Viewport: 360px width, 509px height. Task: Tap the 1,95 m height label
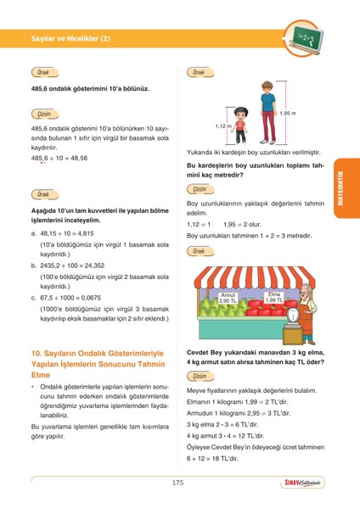coord(287,114)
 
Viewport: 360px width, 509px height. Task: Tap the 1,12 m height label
coord(222,126)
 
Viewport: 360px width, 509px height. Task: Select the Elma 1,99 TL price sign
coord(273,297)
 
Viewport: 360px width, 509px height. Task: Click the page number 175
coord(177,483)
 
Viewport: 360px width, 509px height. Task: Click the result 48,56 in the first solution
coord(76,158)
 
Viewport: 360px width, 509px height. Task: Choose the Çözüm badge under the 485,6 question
coord(42,114)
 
